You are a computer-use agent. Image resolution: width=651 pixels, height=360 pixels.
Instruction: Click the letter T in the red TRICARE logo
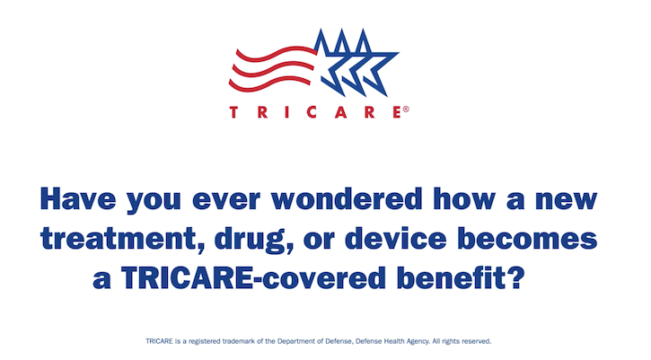(x=234, y=113)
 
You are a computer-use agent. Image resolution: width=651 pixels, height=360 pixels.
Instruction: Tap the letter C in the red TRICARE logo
(x=317, y=113)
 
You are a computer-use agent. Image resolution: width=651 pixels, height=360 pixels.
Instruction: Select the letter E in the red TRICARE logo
(x=395, y=113)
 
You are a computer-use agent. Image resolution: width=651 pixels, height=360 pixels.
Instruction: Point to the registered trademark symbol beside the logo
(x=406, y=109)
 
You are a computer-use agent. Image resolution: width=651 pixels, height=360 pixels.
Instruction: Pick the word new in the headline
(x=562, y=200)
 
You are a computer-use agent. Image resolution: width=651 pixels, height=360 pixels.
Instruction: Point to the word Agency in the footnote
(x=420, y=342)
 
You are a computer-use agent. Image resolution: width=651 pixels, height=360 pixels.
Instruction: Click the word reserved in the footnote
(x=474, y=342)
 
